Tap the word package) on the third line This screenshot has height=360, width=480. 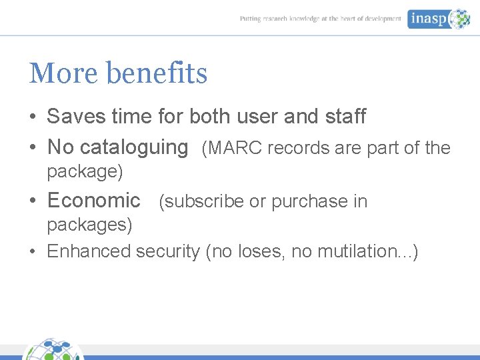[85, 172]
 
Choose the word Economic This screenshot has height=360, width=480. [94, 200]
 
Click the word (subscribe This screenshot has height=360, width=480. [201, 201]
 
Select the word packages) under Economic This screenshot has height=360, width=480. [89, 225]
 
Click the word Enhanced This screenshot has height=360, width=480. [89, 251]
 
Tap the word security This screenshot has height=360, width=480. [168, 251]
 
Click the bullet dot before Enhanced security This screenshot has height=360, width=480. [33, 252]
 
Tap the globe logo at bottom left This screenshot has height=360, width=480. [53, 350]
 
